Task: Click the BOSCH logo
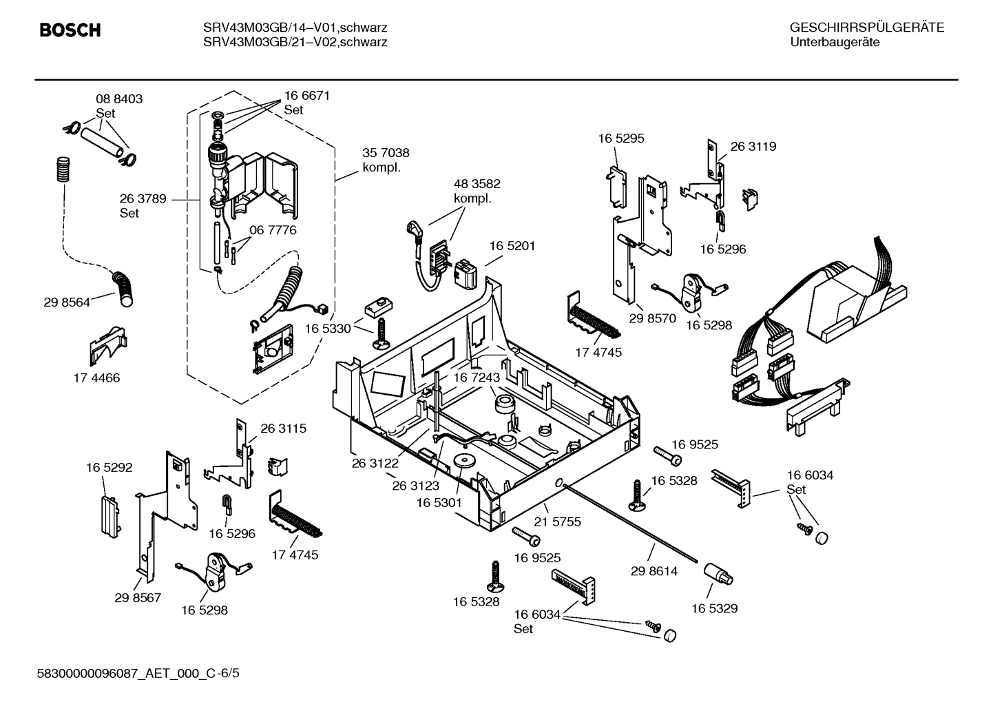point(70,30)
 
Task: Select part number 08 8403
point(118,99)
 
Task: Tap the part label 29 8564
point(67,302)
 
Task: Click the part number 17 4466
point(96,378)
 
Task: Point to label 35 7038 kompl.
point(386,160)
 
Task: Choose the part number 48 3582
point(477,184)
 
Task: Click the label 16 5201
point(512,246)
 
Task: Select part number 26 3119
point(753,146)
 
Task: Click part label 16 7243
point(476,378)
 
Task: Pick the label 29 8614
point(654,571)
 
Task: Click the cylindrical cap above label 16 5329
point(718,573)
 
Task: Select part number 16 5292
point(109,468)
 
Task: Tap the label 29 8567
point(138,597)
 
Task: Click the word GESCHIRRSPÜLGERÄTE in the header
point(866,28)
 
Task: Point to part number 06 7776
point(273,230)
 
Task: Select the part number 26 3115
point(283,429)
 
